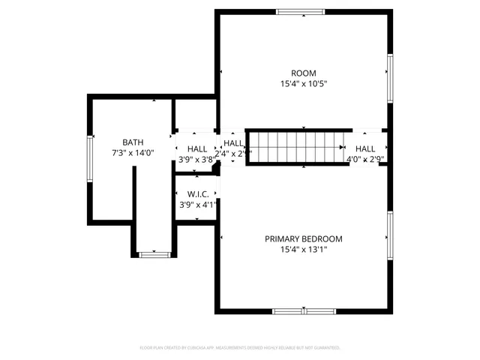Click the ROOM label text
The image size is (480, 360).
[304, 73]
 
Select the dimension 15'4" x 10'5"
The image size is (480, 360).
[304, 84]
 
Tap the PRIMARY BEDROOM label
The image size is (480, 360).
[304, 239]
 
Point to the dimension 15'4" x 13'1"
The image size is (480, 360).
[304, 250]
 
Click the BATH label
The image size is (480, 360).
[133, 142]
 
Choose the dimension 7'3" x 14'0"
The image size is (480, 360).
[133, 153]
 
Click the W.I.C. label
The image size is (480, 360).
[197, 194]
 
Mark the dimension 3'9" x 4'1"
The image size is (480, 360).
[197, 205]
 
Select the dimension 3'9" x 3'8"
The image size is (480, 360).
[196, 159]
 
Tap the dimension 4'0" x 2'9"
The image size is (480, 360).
[365, 159]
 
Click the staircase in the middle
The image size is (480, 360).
[295, 145]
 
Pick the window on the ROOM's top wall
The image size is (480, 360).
[301, 12]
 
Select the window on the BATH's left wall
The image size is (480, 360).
[90, 158]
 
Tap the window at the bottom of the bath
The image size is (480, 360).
[154, 255]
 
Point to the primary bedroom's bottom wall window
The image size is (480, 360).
[304, 310]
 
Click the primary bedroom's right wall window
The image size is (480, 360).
[390, 235]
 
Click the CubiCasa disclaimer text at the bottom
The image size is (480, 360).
[240, 348]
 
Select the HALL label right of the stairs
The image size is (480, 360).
[365, 148]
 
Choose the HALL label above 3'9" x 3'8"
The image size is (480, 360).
[197, 148]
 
